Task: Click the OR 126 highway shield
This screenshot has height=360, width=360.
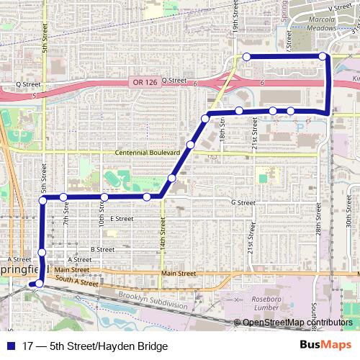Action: [x=144, y=81]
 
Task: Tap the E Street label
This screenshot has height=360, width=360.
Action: [x=122, y=218]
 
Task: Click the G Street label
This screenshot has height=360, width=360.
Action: [x=243, y=203]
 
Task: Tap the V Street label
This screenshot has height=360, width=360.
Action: [x=339, y=6]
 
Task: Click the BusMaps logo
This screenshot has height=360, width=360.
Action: [x=325, y=346]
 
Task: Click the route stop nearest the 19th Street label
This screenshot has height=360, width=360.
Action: [x=246, y=57]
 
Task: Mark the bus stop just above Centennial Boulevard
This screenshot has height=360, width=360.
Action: [x=190, y=145]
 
